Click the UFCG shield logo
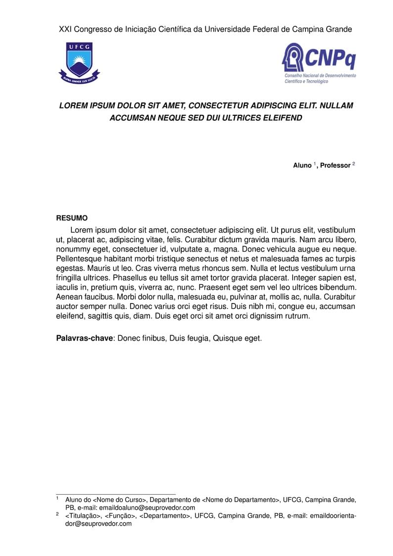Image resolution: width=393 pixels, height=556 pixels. tap(79, 62)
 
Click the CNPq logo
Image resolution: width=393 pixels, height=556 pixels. tap(319, 63)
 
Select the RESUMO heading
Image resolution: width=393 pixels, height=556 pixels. tap(72, 218)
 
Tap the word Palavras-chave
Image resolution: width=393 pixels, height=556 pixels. tap(85, 339)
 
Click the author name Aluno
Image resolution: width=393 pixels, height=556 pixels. tap(302, 165)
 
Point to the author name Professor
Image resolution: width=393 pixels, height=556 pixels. tap(335, 165)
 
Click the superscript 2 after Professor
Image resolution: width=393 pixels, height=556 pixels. tap(353, 163)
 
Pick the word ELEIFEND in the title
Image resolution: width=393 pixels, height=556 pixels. tap(280, 118)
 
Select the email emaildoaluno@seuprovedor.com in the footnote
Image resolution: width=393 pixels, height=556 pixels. tap(147, 507)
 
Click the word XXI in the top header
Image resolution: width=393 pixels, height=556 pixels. tap(65, 29)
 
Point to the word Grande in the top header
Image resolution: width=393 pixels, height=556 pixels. tap(339, 29)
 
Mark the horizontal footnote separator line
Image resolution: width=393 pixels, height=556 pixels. tap(116, 494)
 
